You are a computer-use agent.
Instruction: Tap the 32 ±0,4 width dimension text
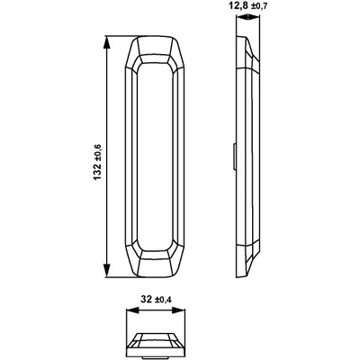click(156, 299)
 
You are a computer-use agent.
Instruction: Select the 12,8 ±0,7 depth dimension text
click(247, 5)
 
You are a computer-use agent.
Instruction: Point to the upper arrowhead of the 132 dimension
click(107, 42)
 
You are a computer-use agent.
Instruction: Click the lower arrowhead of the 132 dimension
click(107, 271)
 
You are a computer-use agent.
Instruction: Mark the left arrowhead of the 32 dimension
click(133, 310)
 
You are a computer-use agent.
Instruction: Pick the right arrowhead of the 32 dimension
click(178, 310)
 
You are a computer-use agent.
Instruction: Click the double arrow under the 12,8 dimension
click(248, 18)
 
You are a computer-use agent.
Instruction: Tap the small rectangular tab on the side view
click(234, 157)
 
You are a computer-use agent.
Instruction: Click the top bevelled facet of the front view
click(155, 46)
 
